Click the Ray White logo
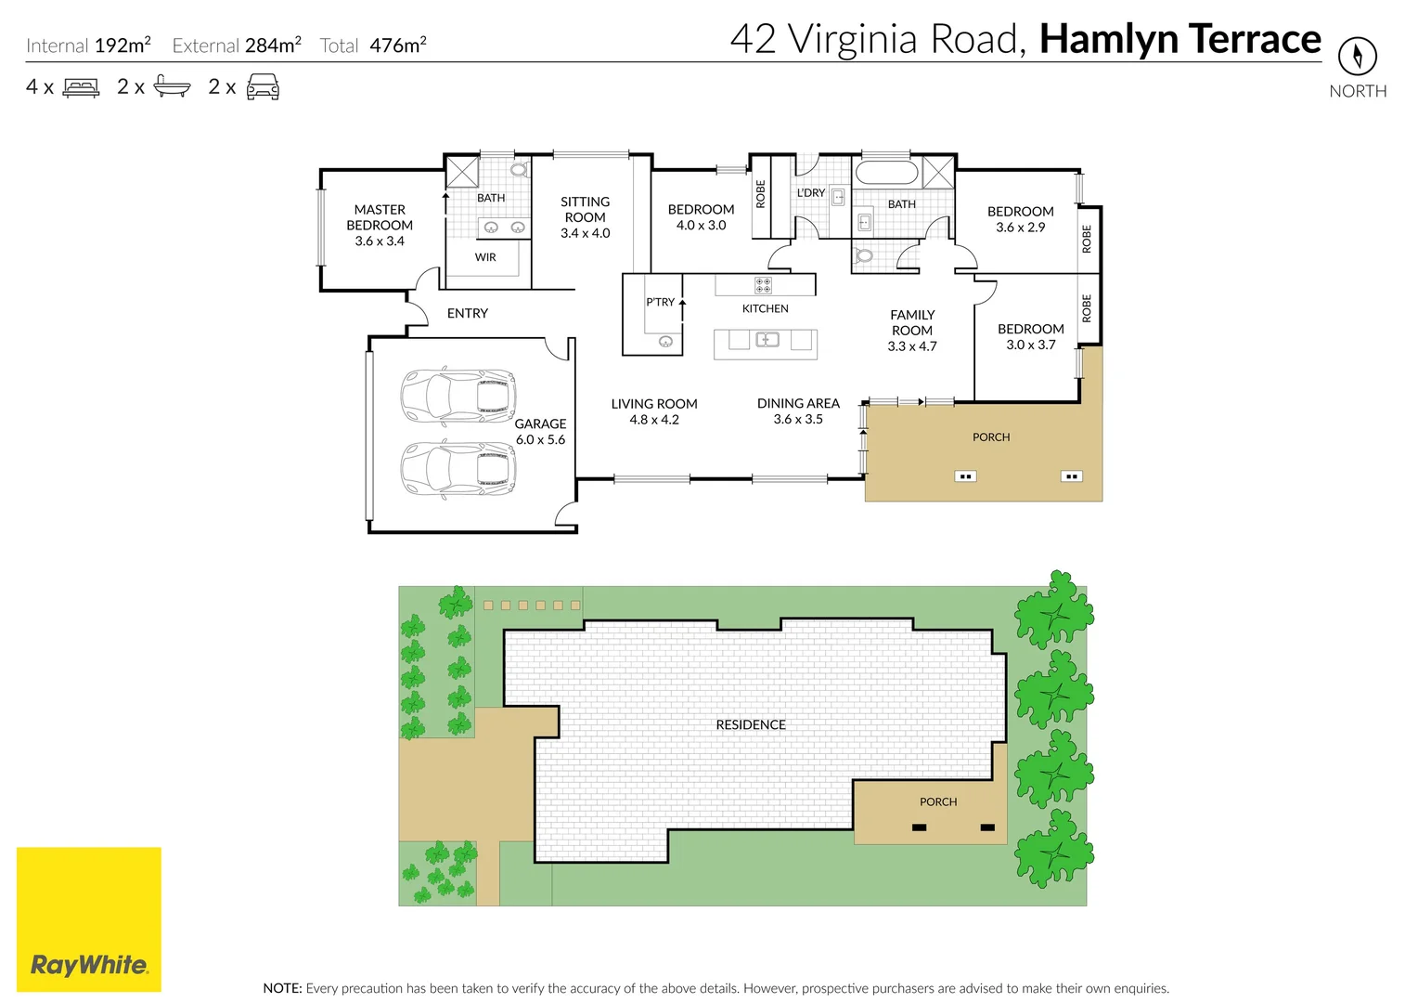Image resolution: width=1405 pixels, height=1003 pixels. (89, 919)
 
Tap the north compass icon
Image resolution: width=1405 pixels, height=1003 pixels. (1358, 56)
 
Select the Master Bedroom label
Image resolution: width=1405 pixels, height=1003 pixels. (380, 217)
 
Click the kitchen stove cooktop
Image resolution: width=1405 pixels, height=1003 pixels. (764, 286)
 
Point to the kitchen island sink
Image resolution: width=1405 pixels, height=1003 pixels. (767, 340)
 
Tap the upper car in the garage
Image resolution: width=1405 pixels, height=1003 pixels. (458, 396)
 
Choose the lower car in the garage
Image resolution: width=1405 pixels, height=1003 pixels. (458, 469)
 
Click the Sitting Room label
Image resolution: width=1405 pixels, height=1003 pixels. (586, 209)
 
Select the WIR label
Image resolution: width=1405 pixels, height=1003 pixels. (485, 256)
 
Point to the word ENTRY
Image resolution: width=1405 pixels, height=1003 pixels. (468, 313)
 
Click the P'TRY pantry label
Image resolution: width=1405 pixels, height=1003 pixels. (661, 302)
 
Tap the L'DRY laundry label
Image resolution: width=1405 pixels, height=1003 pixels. (811, 192)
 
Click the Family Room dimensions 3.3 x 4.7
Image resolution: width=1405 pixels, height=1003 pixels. (912, 346)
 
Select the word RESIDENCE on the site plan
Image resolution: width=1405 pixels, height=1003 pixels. (751, 725)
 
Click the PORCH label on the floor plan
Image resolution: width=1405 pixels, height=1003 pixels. (991, 436)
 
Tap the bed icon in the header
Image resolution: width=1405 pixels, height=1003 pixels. (81, 87)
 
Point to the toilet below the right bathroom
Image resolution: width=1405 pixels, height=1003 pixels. (864, 255)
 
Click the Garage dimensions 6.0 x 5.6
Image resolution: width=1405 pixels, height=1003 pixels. (540, 439)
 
